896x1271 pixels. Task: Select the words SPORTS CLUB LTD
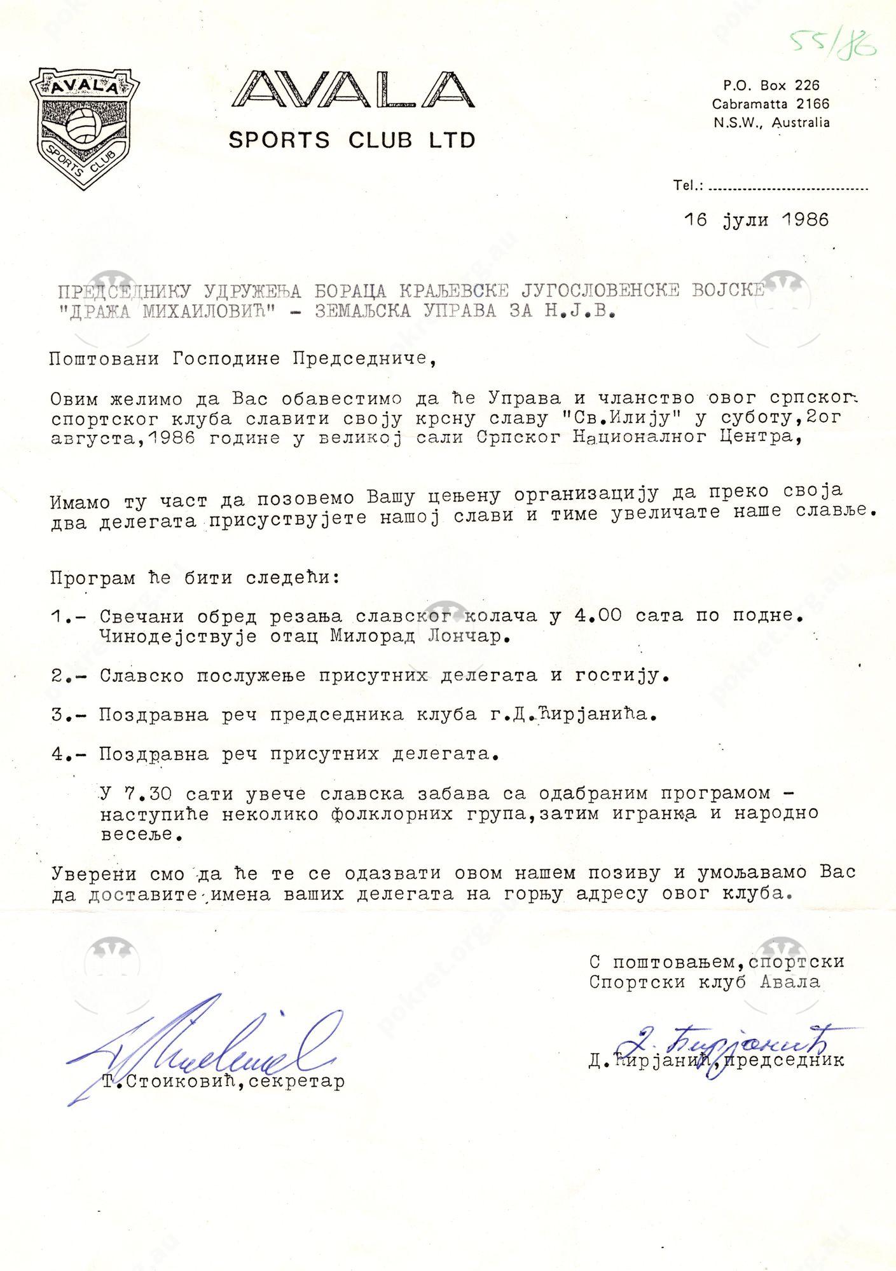[352, 140]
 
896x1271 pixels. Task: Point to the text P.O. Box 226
[771, 85]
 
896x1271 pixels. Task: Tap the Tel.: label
[687, 186]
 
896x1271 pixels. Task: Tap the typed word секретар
[295, 1081]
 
